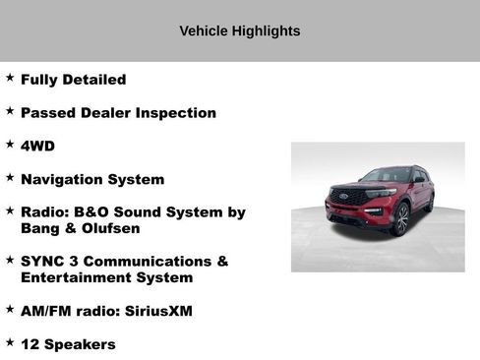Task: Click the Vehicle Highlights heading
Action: [x=239, y=31]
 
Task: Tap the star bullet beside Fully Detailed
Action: [x=10, y=77]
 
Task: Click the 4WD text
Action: [x=38, y=146]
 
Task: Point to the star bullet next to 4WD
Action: [x=10, y=144]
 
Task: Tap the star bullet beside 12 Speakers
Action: [x=10, y=342]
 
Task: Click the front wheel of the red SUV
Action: [x=401, y=219]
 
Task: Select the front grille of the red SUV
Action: [x=349, y=195]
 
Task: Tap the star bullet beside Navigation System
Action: [x=10, y=177]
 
